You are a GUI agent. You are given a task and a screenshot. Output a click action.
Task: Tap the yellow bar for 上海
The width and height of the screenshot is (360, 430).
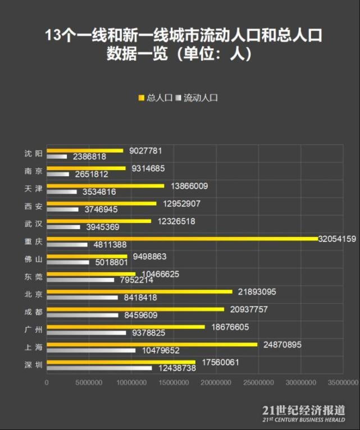(x=152, y=344)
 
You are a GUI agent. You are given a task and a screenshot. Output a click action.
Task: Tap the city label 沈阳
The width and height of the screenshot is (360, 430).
(x=34, y=153)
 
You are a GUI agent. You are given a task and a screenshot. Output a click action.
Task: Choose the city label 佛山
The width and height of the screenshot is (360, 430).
(x=34, y=259)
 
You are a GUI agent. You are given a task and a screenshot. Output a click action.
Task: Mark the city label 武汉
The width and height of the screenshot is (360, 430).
(x=34, y=223)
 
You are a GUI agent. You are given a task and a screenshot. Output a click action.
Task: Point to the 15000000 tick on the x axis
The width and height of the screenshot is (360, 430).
(x=174, y=383)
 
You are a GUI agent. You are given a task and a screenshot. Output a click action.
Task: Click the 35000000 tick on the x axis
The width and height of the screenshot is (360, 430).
(x=342, y=383)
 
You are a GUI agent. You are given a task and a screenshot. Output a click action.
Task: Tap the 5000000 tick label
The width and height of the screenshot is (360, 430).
(x=89, y=383)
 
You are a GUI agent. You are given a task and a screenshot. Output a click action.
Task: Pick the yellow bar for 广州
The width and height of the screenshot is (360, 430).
(x=126, y=327)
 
